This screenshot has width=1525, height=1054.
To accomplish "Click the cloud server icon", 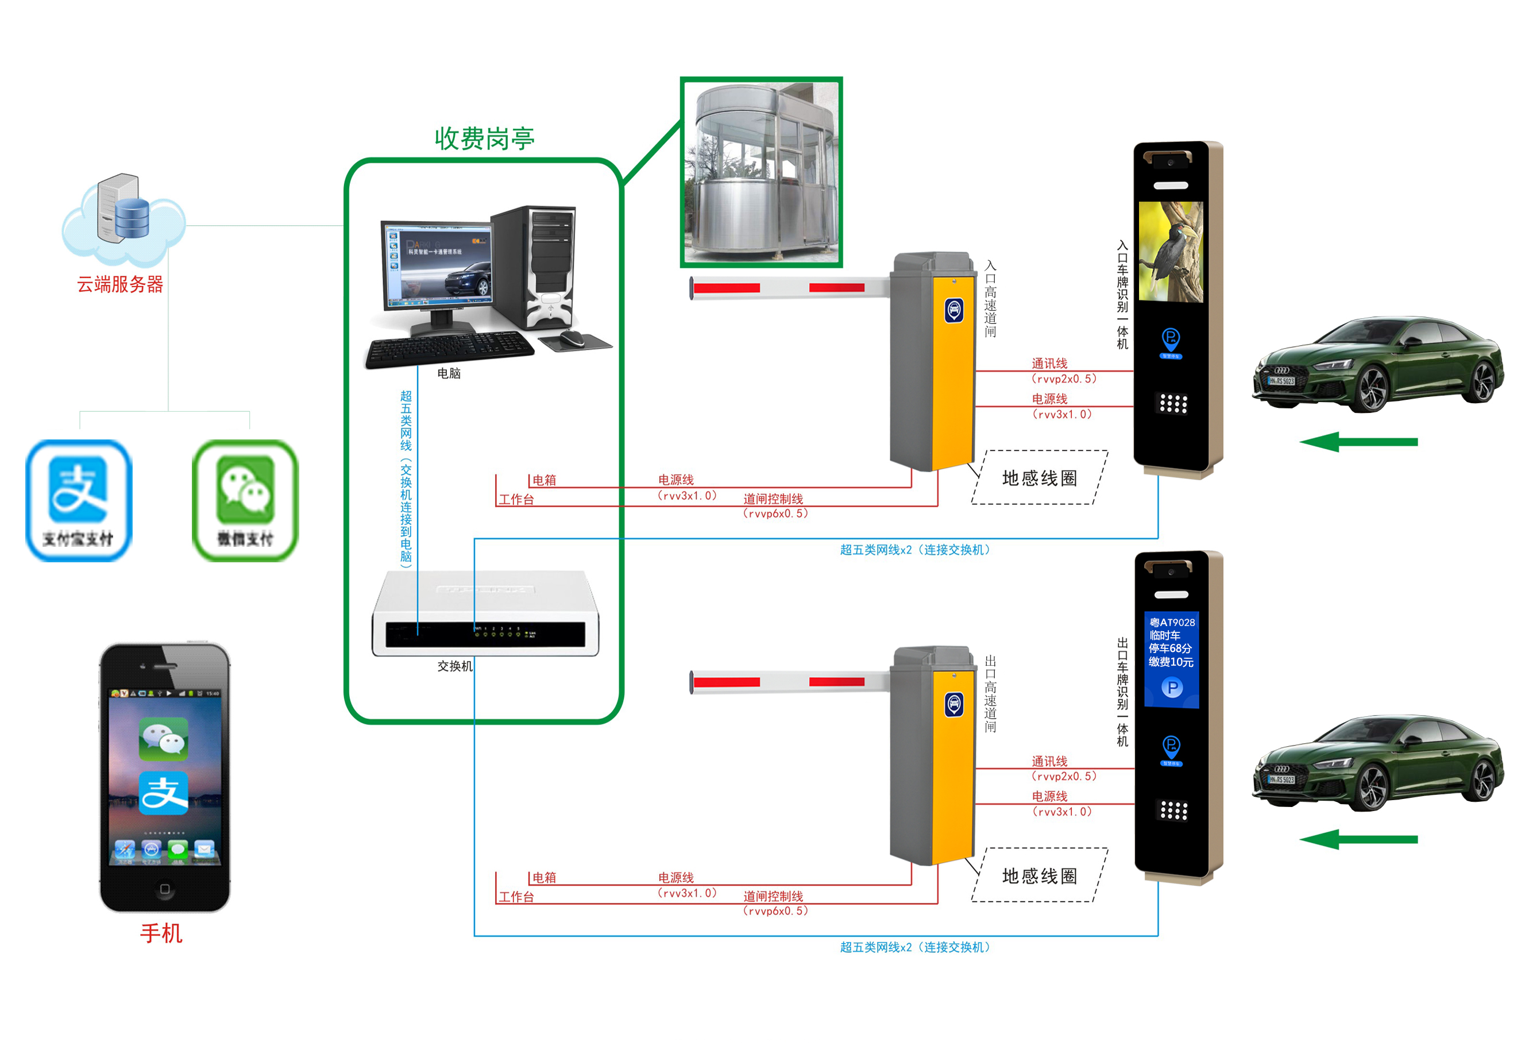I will tap(123, 215).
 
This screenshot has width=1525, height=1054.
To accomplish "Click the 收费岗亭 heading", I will tap(484, 138).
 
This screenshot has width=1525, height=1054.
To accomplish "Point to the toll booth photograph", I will tap(761, 172).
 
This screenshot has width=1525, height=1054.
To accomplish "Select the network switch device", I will tap(485, 614).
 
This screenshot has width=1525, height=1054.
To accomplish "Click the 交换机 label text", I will tap(454, 666).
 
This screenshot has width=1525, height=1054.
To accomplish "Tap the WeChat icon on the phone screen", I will tap(163, 738).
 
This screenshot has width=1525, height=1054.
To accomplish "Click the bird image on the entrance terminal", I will tap(1171, 252).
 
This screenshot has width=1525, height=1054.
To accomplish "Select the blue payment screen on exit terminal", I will tap(1171, 659).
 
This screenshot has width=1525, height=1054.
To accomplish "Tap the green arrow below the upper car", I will tap(1358, 442).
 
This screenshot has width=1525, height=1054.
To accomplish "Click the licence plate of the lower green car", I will tap(1281, 779).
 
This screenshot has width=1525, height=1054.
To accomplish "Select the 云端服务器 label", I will tap(120, 285).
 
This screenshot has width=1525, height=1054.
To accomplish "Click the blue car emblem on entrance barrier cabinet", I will tap(953, 309).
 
